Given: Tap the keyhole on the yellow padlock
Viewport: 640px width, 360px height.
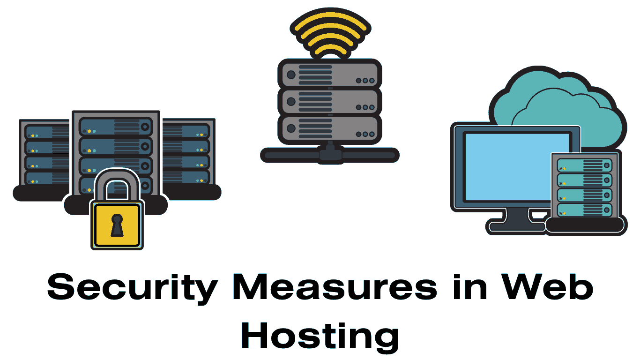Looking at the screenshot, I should pos(117,224).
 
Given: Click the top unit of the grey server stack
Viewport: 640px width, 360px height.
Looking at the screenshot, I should pos(329,75).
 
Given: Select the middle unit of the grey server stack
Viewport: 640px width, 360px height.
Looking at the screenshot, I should pos(329,101).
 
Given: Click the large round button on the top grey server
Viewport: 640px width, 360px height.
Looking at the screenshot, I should pos(291,75).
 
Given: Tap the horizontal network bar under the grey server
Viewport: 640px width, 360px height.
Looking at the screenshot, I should pos(329,154).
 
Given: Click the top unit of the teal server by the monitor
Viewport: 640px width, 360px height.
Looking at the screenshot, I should pos(584,165).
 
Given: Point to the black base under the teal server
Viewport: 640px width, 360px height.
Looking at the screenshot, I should pos(586,225).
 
